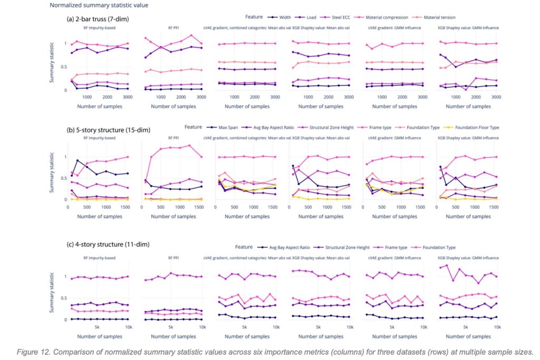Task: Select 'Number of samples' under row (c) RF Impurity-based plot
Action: [100, 335]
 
